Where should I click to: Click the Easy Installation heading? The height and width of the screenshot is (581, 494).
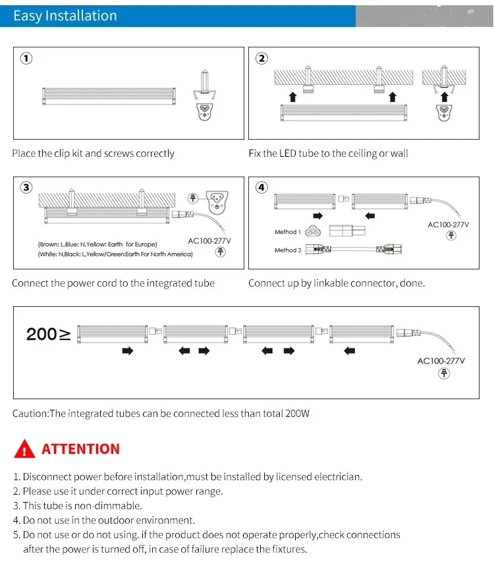(65, 16)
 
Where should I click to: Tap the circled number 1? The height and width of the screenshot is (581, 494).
(26, 58)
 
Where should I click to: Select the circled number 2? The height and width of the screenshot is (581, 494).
(261, 58)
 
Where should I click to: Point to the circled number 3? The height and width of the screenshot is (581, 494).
(26, 188)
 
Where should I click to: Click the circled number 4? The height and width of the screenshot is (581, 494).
(261, 188)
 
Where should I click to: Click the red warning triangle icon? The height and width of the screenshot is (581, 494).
(24, 449)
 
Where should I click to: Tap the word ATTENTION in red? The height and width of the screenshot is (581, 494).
(81, 449)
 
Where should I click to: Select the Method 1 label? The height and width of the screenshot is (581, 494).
(288, 232)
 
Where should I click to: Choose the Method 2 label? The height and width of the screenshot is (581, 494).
(288, 250)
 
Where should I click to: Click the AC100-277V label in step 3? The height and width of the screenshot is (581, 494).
(209, 241)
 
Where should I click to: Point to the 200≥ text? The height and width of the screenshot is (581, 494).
(48, 334)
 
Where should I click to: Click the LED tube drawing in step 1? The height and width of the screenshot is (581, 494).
(109, 96)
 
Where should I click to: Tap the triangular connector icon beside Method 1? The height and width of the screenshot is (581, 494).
(313, 232)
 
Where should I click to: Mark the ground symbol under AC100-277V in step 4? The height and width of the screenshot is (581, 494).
(451, 235)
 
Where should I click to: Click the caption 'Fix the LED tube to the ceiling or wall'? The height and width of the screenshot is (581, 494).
(328, 153)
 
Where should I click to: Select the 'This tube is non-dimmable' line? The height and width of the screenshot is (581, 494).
(78, 506)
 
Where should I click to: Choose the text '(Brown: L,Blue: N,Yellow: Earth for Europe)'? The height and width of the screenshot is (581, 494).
(97, 244)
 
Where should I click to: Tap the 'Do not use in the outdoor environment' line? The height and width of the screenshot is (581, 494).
(104, 520)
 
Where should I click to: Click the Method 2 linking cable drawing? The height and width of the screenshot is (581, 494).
(354, 250)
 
